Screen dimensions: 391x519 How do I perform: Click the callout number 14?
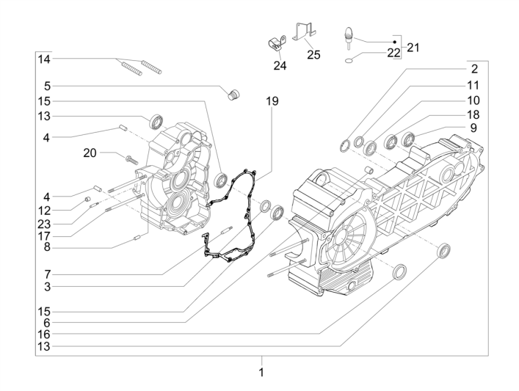click(45, 59)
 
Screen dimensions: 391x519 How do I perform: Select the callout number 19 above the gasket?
click(272, 102)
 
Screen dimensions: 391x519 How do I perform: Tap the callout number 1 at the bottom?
click(261, 373)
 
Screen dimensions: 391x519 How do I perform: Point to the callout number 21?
click(413, 47)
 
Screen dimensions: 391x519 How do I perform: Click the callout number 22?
click(393, 54)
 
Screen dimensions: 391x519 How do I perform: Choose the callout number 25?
click(313, 54)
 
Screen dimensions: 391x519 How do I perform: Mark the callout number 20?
click(90, 153)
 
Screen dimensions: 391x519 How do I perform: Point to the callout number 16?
click(45, 333)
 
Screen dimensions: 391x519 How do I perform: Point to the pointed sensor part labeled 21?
click(350, 36)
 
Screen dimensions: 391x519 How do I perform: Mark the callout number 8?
click(45, 247)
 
